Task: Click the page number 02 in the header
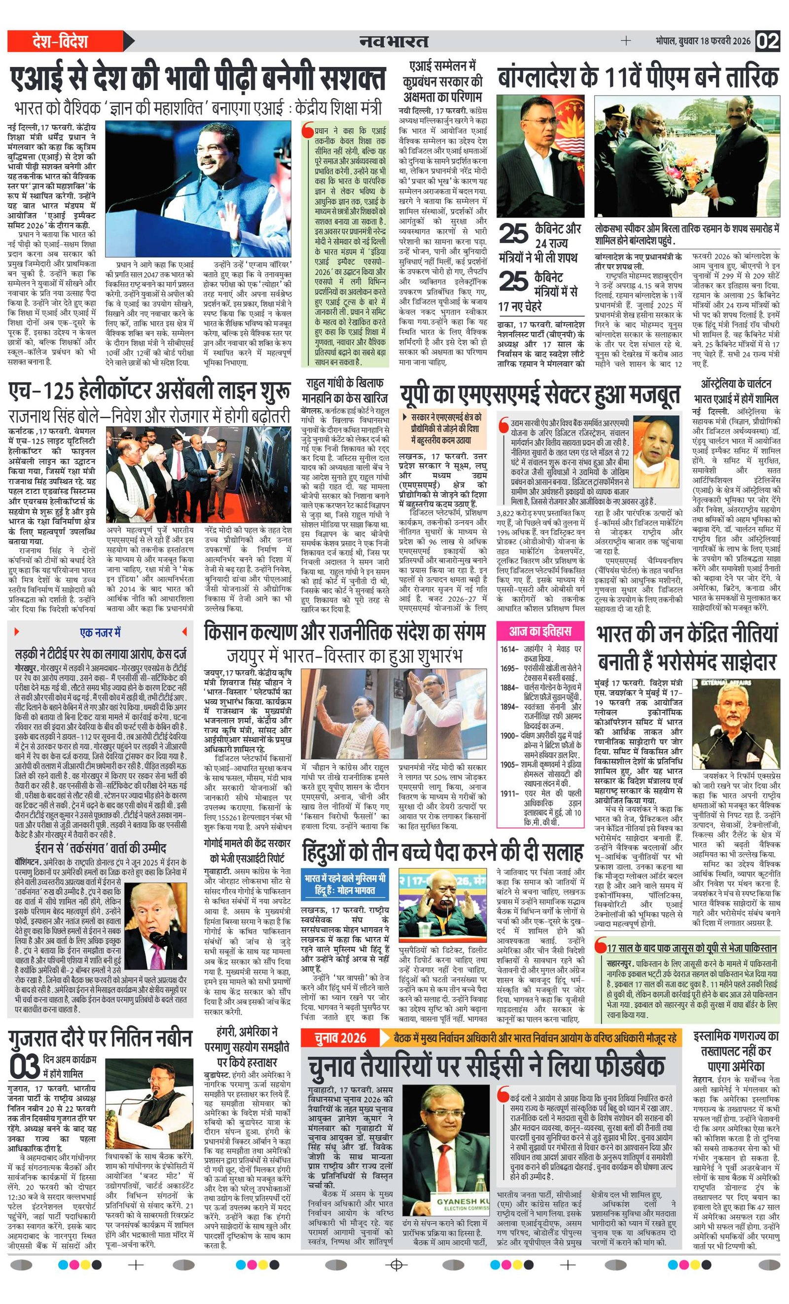click(x=767, y=41)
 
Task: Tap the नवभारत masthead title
click(x=394, y=41)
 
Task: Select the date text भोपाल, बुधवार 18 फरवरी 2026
click(x=702, y=41)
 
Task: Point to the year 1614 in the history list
click(x=508, y=650)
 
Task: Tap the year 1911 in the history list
click(x=508, y=794)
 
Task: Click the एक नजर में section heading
click(x=100, y=632)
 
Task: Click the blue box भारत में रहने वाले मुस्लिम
click(x=345, y=884)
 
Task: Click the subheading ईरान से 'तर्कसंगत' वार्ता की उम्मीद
click(x=101, y=848)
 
